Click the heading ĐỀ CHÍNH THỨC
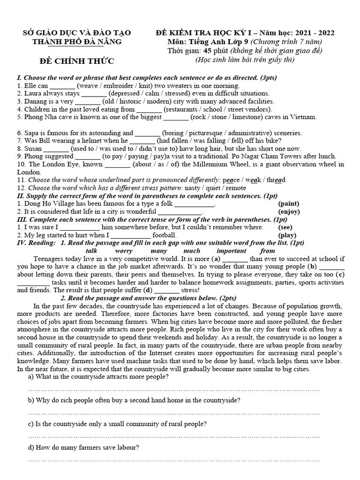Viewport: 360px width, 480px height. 77,62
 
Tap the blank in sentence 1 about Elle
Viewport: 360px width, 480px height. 62,86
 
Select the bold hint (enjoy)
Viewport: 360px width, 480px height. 289,211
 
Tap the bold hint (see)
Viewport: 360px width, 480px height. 286,227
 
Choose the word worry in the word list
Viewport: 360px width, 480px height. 123,251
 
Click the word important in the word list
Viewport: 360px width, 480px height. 231,251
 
